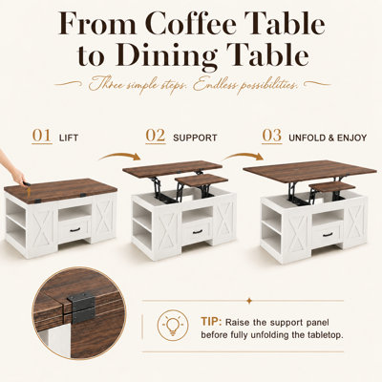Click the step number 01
(x=42, y=136)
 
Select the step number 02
(x=156, y=136)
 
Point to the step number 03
(x=272, y=136)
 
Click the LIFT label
(x=69, y=138)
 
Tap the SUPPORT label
(x=195, y=138)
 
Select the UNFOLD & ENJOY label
(x=328, y=138)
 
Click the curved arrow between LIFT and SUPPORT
(x=120, y=156)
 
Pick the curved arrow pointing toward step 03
(x=243, y=156)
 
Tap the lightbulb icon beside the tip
(x=173, y=326)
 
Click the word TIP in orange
(x=211, y=322)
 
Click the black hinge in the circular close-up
(x=81, y=308)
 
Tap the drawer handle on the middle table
(x=198, y=232)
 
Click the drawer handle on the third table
(x=328, y=235)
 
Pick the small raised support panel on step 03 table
(x=332, y=187)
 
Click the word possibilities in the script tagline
(x=266, y=85)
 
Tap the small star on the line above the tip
(x=249, y=301)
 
